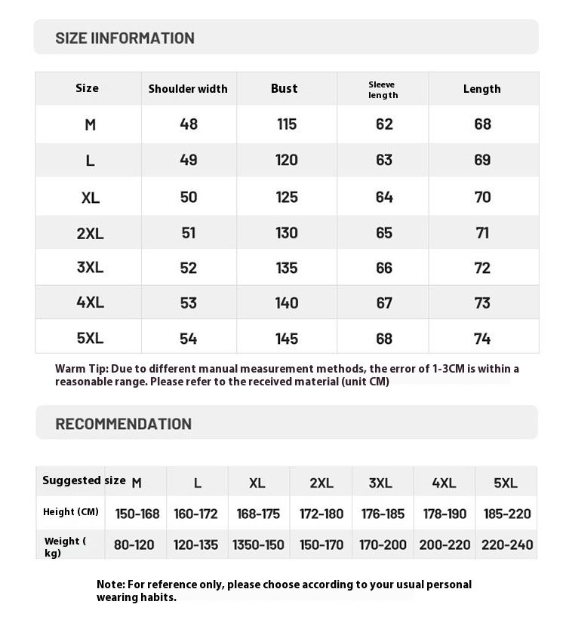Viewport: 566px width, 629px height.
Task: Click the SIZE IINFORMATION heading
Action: click(125, 38)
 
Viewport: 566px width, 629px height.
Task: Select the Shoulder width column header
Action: click(188, 89)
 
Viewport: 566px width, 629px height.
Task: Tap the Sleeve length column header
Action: click(383, 90)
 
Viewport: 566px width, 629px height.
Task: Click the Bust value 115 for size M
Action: click(287, 124)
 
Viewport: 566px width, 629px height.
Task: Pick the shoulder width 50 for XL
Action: click(189, 197)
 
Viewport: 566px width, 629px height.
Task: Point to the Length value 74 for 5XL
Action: click(482, 339)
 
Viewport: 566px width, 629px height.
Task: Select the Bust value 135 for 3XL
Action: click(287, 268)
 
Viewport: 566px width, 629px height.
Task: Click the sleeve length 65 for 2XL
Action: click(384, 233)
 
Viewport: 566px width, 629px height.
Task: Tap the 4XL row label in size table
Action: click(90, 302)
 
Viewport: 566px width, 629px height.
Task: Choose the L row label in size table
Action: click(90, 160)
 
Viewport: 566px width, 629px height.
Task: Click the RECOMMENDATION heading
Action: click(124, 424)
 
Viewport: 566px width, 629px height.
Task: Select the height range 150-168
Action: click(137, 514)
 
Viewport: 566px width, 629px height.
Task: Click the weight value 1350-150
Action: click(258, 545)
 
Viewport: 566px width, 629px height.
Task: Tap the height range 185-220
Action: click(507, 514)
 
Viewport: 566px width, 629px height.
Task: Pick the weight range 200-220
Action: click(444, 545)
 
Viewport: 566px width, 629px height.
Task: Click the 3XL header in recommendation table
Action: click(380, 483)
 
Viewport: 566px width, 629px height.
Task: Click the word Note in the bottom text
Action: click(110, 585)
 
